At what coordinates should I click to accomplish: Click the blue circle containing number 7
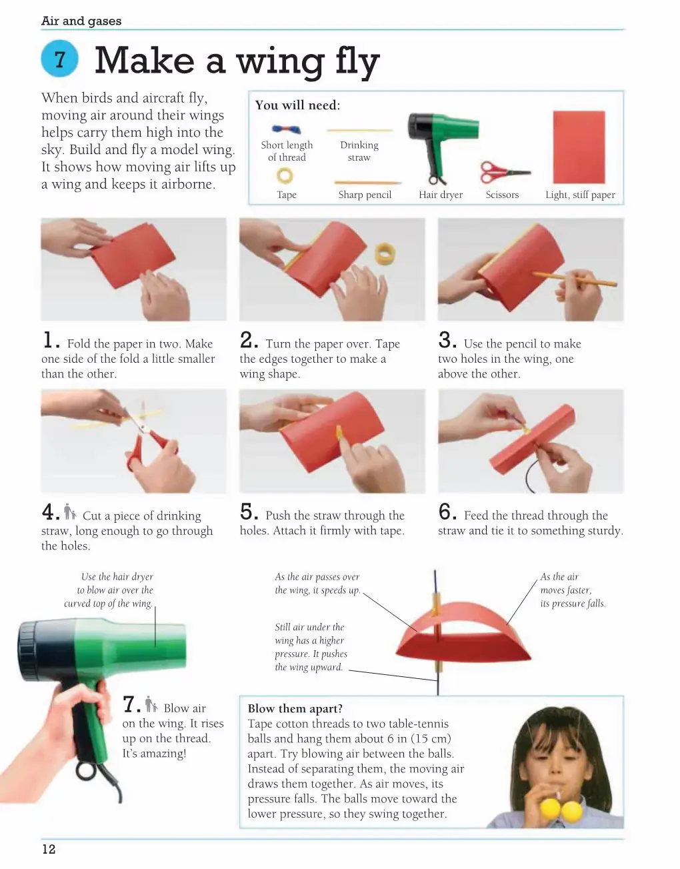(x=59, y=59)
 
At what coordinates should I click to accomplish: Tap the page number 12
(x=49, y=848)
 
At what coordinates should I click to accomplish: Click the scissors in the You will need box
(x=505, y=172)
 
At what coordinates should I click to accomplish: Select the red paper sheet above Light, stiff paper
(x=579, y=147)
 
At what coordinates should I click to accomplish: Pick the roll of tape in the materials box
(x=285, y=175)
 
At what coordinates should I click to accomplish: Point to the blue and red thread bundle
(x=286, y=129)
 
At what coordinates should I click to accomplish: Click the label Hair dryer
(x=441, y=195)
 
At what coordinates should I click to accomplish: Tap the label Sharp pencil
(x=365, y=195)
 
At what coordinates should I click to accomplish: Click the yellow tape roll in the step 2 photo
(x=385, y=253)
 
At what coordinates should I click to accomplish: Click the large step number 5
(x=249, y=512)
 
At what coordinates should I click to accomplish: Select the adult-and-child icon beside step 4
(x=70, y=512)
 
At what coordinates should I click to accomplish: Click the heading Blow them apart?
(x=295, y=708)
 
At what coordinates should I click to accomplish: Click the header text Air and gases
(x=81, y=21)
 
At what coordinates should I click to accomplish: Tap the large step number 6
(x=447, y=512)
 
